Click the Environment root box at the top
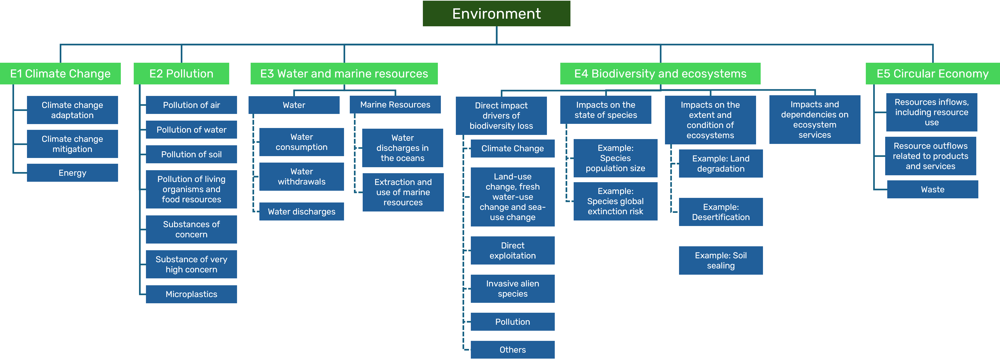496,14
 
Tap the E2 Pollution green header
181,73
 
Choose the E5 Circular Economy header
932,73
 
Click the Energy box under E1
72,173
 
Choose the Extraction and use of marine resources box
403,192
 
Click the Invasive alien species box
512,289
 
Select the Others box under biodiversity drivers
512,350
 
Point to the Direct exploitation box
512,250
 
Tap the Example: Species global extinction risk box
615,201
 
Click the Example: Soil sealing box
721,260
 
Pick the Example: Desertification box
721,212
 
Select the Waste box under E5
932,190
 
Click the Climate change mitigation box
72,144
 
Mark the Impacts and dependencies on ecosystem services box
814,120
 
